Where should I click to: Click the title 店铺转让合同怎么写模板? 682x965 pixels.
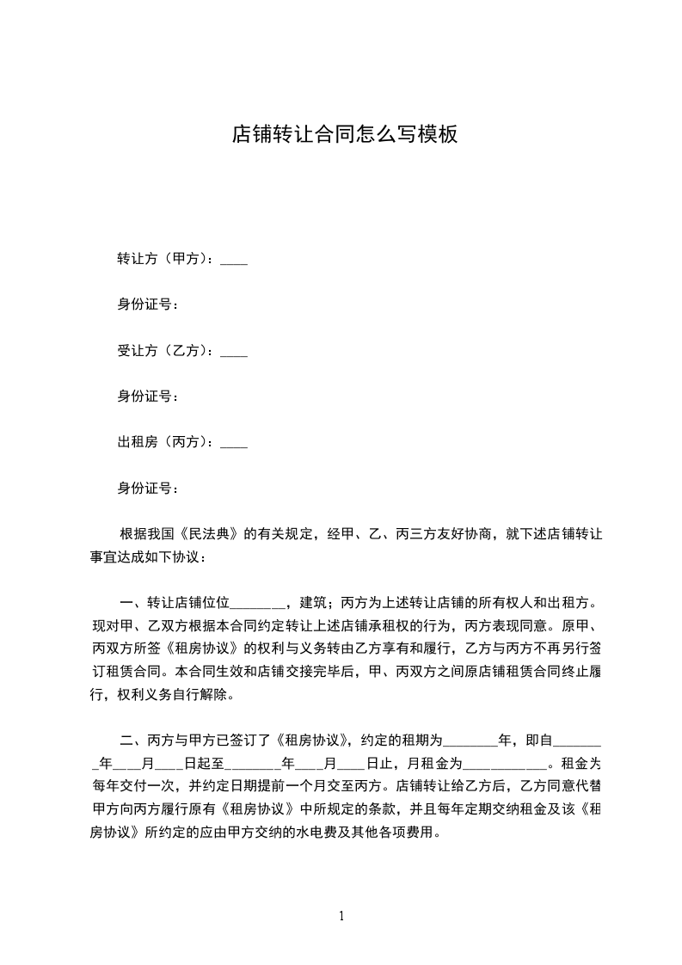click(x=344, y=134)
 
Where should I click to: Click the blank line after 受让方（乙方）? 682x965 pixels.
click(x=234, y=353)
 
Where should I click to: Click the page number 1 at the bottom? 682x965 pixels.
click(x=341, y=916)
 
